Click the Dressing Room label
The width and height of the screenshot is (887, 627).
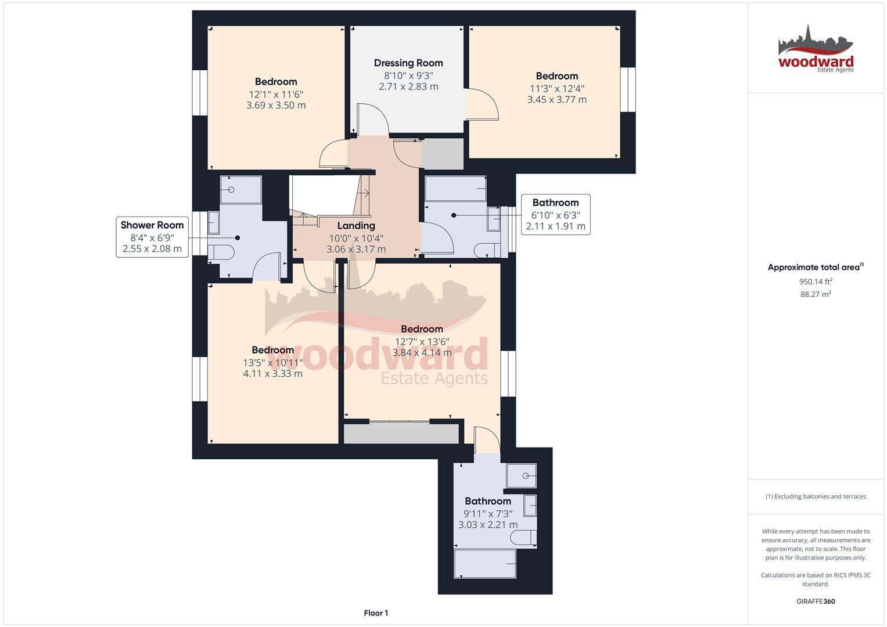coord(408,63)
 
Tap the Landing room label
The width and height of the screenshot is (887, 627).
coord(356,226)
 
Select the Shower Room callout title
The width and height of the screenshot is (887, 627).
coord(152,225)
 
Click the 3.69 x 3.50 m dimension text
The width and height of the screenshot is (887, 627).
coord(276,105)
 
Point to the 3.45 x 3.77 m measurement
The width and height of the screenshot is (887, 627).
coord(556,100)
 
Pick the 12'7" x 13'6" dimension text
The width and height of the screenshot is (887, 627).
coord(422,341)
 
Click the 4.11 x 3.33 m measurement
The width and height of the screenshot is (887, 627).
coord(273,374)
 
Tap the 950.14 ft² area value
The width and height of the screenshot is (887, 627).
coord(816,282)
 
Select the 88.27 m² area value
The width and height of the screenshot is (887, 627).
coord(816,294)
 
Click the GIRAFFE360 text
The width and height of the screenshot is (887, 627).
coord(816,601)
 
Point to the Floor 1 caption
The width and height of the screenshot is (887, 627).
coord(376,612)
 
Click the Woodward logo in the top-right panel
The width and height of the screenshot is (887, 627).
coord(816,49)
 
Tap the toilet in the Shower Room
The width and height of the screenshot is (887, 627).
coord(221,252)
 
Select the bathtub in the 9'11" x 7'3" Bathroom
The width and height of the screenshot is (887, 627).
coord(485,564)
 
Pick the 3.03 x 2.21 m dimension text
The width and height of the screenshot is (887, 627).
coord(488,525)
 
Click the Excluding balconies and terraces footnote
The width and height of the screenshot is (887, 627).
coord(816,496)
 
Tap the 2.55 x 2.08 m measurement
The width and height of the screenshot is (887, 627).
coord(152,248)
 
